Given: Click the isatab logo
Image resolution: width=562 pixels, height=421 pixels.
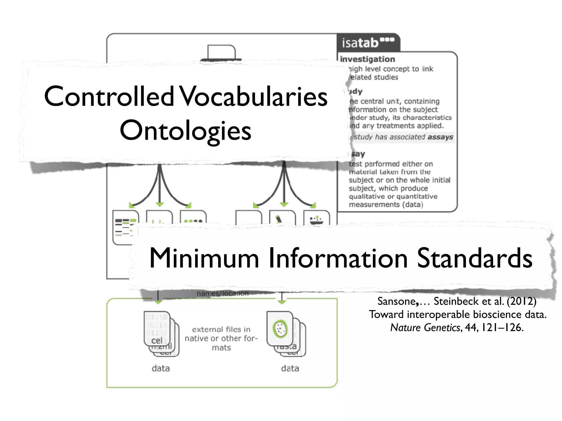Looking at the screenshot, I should [x=368, y=43].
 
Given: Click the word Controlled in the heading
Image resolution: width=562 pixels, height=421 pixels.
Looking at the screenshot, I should [x=109, y=96].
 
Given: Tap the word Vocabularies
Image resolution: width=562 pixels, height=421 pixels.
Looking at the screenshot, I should [x=254, y=96].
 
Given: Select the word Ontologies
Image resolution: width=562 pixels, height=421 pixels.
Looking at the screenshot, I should [x=186, y=131].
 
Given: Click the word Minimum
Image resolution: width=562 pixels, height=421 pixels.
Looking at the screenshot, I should [x=204, y=258].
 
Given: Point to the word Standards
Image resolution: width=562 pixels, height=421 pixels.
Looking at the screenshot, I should [x=474, y=258].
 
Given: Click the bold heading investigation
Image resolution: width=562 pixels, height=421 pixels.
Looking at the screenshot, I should [x=367, y=59].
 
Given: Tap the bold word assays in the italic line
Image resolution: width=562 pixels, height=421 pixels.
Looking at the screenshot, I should [x=440, y=137].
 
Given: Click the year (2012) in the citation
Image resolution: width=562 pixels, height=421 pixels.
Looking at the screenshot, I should [x=521, y=301].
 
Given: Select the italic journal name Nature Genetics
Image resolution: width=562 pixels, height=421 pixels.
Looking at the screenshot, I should [x=425, y=328].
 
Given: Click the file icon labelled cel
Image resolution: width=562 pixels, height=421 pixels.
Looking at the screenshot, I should [x=157, y=329].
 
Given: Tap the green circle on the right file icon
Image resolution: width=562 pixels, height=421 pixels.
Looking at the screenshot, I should [x=280, y=329].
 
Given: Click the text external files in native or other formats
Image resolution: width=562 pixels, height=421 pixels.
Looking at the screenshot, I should [x=221, y=338].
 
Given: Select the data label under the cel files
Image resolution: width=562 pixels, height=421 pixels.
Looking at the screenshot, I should [x=161, y=368].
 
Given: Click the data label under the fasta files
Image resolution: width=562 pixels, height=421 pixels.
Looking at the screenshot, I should [x=290, y=368].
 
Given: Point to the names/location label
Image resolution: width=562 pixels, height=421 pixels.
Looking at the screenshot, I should [x=223, y=294].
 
